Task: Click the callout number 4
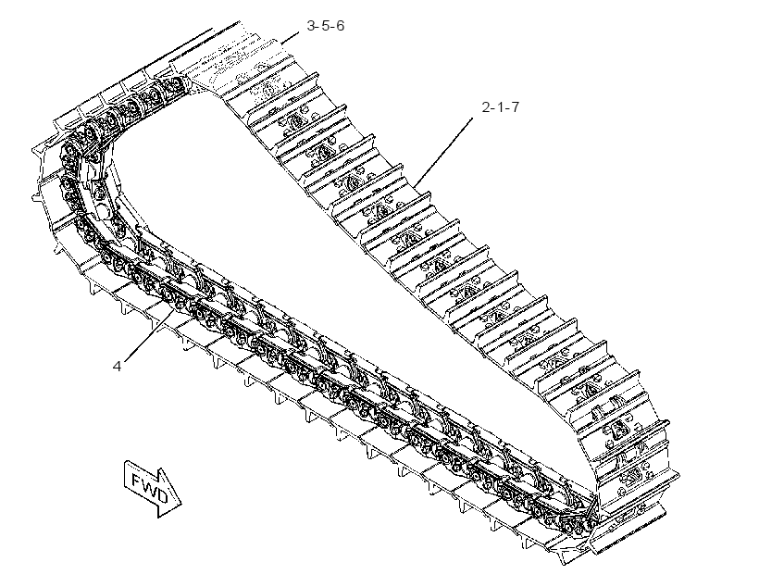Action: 117,366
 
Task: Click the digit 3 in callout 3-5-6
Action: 311,25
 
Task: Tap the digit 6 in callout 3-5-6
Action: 340,25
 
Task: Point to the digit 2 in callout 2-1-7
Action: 486,107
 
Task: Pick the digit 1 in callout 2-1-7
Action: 500,107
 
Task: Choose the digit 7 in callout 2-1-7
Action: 514,107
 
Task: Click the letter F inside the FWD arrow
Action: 136,480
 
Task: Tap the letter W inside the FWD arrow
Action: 149,487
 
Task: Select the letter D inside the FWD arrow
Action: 162,495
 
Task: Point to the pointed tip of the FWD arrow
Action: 181,505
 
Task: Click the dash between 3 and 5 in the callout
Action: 318,26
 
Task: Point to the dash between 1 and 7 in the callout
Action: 506,108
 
